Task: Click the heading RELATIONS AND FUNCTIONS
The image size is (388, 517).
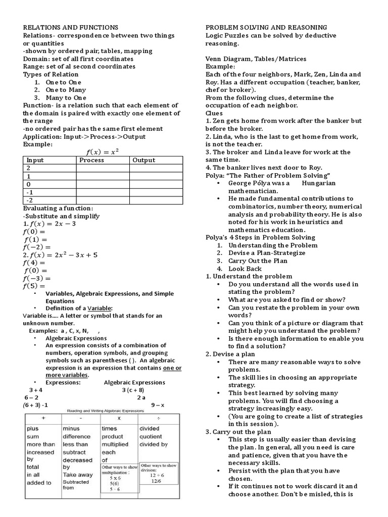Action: click(71, 27)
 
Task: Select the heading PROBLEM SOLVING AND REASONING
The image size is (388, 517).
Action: click(266, 27)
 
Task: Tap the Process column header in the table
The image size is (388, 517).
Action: click(91, 160)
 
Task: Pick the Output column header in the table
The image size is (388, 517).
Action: click(143, 160)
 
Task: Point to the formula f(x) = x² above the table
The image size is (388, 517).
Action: click(103, 151)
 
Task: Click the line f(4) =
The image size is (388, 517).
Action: click(34, 263)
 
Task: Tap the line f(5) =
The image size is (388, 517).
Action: click(34, 286)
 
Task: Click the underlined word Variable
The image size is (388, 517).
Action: click(100, 308)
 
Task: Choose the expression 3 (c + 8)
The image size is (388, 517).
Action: click(133, 390)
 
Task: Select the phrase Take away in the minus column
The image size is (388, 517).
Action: click(78, 475)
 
